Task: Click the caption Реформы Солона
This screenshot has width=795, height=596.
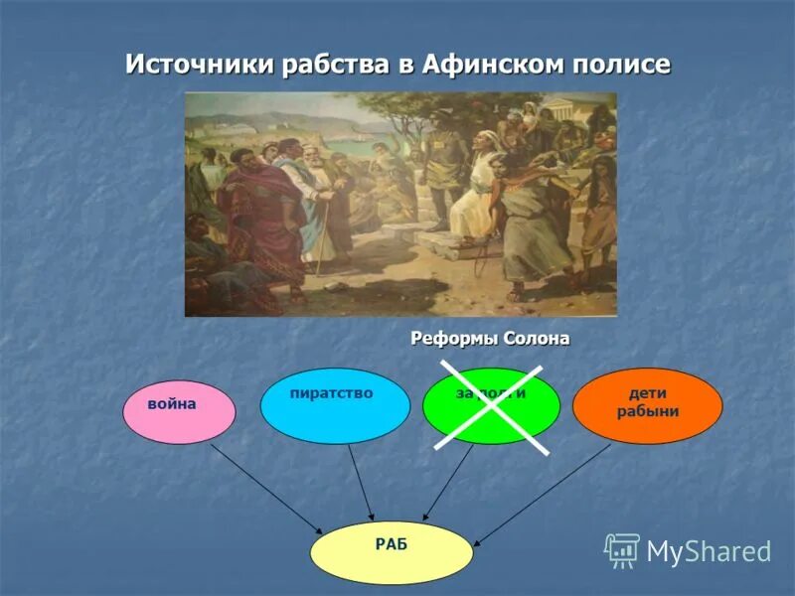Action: pyautogui.click(x=490, y=339)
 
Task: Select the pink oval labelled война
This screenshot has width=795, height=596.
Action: pyautogui.click(x=179, y=411)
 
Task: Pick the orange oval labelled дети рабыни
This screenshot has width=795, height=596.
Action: pyautogui.click(x=647, y=404)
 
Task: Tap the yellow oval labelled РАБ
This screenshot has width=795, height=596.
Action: pyautogui.click(x=392, y=552)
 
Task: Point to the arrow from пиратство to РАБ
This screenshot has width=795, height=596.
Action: pyautogui.click(x=361, y=482)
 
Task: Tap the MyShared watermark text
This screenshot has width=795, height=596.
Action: pyautogui.click(x=709, y=552)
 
